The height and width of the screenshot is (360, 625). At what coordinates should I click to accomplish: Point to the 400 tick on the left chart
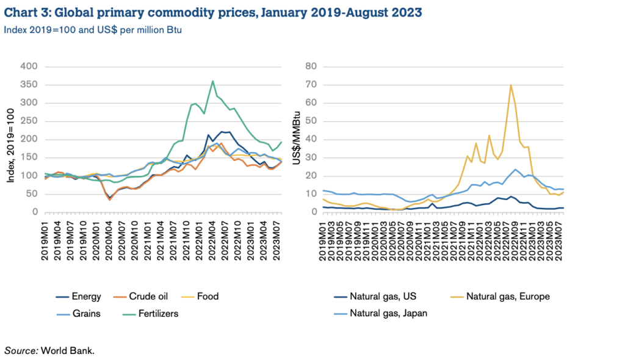click(28, 66)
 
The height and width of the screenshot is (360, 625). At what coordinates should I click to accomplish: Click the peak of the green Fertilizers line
click(212, 81)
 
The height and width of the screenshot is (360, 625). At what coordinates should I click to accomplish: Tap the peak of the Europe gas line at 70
click(510, 85)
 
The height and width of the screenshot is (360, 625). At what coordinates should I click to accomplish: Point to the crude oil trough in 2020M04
click(110, 199)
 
